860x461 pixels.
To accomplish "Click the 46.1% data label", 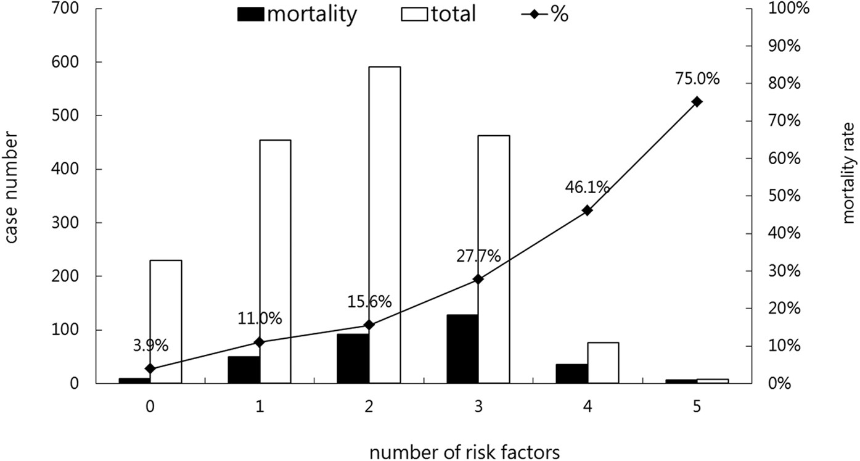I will pos(587,188).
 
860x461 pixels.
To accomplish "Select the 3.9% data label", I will pos(150,346).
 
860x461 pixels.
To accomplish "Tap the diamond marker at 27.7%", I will pos(478,280).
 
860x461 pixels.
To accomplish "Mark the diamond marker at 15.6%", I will pos(369,325).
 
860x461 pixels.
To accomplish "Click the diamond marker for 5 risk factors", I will pos(697,102).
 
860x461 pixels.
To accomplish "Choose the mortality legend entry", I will pos(297,14).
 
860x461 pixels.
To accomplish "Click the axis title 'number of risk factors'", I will pos(465,451).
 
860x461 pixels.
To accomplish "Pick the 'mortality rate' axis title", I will pos(849,172).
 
